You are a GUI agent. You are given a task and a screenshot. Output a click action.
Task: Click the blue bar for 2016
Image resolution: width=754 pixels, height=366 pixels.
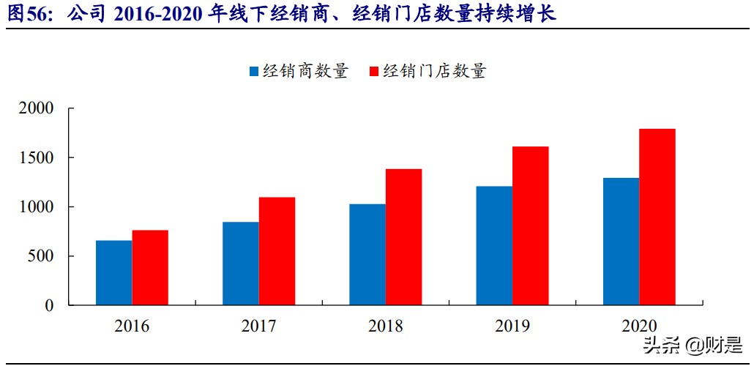pyautogui.click(x=114, y=272)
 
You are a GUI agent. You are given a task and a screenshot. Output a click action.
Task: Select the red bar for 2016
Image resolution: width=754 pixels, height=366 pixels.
pyautogui.click(x=150, y=268)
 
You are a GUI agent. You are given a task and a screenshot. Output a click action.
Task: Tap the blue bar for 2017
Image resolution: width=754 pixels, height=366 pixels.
pyautogui.click(x=241, y=264)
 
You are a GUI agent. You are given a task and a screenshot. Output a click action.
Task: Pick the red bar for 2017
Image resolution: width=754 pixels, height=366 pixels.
pyautogui.click(x=277, y=251)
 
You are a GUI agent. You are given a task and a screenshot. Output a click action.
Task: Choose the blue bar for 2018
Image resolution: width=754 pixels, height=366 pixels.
pyautogui.click(x=367, y=254)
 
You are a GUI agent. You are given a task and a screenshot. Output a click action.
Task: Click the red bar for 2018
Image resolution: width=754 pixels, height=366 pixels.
pyautogui.click(x=403, y=237)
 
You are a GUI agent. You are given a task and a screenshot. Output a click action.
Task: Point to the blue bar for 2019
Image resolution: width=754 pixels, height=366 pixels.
pyautogui.click(x=494, y=245)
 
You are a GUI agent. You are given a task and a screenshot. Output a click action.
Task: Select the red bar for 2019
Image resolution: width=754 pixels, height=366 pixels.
pyautogui.click(x=530, y=225)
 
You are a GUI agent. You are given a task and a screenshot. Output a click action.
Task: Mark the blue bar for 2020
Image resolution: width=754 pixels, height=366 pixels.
pyautogui.click(x=621, y=242)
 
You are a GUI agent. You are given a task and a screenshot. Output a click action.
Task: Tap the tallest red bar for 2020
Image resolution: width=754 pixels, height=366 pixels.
pyautogui.click(x=657, y=217)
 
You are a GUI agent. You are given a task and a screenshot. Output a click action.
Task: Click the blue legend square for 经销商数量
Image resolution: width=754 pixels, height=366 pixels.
pyautogui.click(x=254, y=72)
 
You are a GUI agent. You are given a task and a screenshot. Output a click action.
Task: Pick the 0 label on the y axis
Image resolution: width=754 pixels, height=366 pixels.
pyautogui.click(x=50, y=305)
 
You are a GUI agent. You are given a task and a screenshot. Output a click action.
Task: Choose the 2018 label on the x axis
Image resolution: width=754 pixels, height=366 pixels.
pyautogui.click(x=385, y=326)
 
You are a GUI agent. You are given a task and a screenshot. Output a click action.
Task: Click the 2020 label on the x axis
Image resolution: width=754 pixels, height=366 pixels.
pyautogui.click(x=639, y=326)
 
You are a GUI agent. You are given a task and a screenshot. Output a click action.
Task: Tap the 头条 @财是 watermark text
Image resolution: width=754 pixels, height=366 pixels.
pyautogui.click(x=692, y=344)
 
